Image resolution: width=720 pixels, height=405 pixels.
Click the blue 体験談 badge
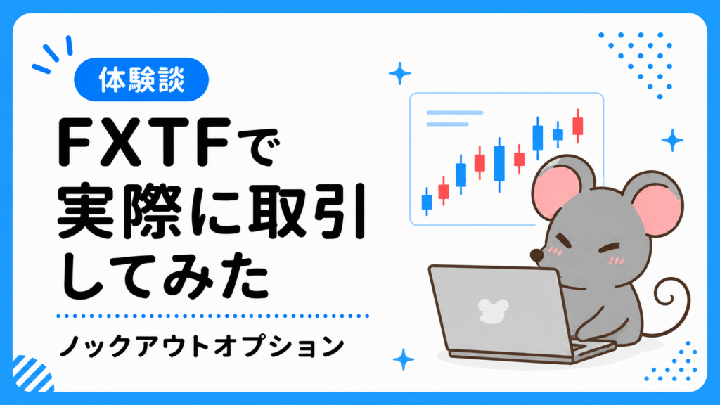(141, 79)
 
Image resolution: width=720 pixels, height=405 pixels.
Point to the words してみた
(165, 277)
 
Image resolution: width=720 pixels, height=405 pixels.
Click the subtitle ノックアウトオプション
(202, 346)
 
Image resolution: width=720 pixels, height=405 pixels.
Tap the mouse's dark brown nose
(536, 255)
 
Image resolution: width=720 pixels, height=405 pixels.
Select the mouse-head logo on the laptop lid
(493, 310)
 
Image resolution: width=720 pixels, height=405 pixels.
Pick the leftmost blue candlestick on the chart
(427, 202)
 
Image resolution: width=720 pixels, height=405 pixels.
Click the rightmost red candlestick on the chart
(578, 125)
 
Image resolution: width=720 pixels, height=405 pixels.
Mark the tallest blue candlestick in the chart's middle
(499, 164)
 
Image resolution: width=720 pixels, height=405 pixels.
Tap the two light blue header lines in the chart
(454, 118)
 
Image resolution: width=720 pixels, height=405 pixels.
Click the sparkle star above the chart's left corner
(400, 73)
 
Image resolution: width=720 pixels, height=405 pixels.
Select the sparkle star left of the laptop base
(404, 359)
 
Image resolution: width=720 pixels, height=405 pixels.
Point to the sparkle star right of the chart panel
(672, 140)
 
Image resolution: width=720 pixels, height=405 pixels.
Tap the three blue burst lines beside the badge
(53, 53)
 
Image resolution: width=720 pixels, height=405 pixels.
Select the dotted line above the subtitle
(212, 316)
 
